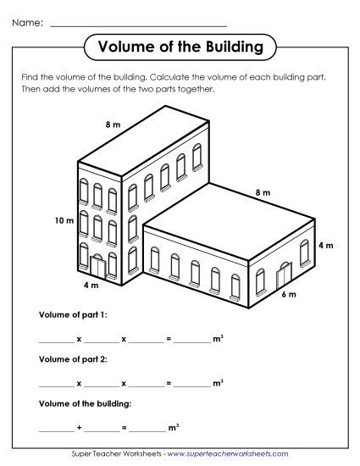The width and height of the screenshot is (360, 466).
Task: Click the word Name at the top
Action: (27, 23)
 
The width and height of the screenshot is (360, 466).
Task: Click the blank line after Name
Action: (138, 25)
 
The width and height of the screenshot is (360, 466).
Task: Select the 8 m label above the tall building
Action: (113, 125)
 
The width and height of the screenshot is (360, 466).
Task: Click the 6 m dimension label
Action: (288, 294)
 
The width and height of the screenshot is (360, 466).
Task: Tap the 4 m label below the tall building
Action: (91, 286)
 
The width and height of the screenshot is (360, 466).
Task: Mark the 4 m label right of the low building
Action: (325, 245)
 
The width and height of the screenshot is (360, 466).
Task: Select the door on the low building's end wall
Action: (283, 274)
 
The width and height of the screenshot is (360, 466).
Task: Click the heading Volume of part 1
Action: (73, 314)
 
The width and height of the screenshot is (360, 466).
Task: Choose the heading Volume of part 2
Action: (73, 359)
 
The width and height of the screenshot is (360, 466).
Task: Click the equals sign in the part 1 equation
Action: (169, 339)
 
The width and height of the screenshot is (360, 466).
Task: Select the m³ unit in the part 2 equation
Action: (218, 383)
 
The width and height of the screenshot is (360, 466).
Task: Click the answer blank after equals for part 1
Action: (192, 341)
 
